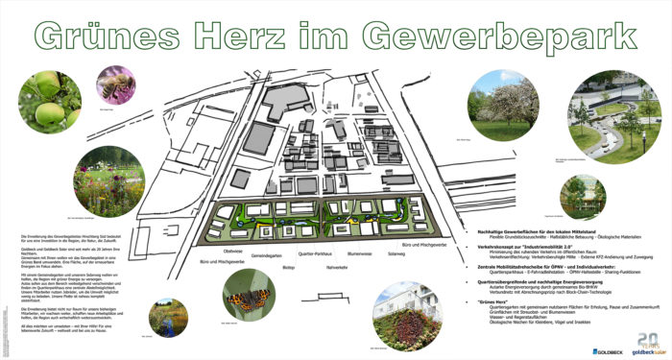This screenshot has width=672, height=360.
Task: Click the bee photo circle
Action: pyautogui.click(x=115, y=84)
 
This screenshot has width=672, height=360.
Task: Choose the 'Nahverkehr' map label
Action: pyautogui.click(x=336, y=266)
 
